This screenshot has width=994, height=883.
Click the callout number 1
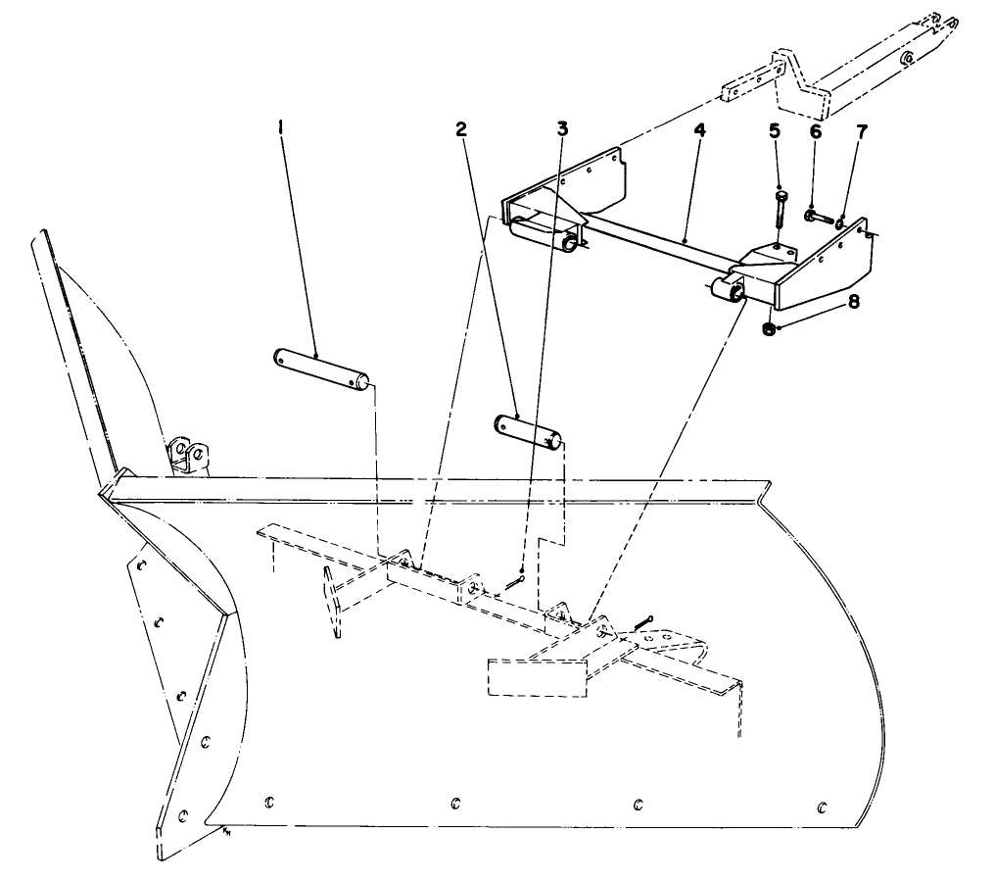point(281,128)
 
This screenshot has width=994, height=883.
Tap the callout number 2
point(460,128)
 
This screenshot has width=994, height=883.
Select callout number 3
point(561,128)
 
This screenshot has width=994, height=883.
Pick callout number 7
point(861,131)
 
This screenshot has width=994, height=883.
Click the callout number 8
point(854,303)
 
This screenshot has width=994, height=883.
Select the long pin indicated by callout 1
point(321,366)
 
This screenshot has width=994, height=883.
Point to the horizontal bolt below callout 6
point(817,217)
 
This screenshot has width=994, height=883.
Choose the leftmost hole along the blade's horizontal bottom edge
point(268,804)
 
